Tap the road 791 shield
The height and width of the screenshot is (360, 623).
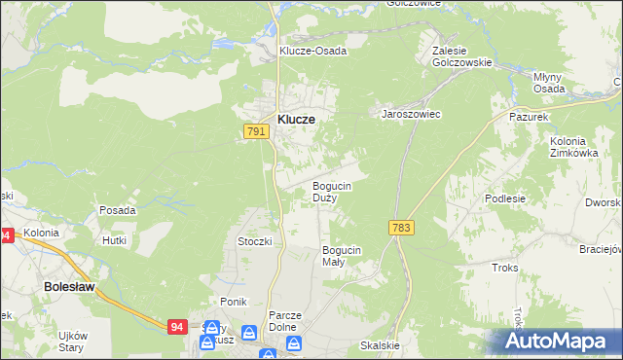(x=255, y=130)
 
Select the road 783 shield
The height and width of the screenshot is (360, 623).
(x=401, y=227)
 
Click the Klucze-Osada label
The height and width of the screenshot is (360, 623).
(x=312, y=51)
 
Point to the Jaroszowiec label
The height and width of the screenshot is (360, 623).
(x=410, y=114)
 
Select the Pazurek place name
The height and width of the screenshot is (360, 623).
(x=531, y=116)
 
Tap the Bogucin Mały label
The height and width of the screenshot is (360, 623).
(x=342, y=256)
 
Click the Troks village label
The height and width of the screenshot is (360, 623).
(x=504, y=268)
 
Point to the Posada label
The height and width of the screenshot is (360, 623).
(x=117, y=210)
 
